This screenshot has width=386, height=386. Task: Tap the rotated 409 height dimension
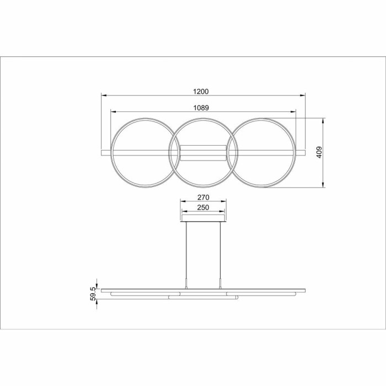click(319, 153)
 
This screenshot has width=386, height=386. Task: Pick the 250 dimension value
click(203, 207)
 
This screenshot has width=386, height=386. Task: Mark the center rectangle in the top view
click(203, 152)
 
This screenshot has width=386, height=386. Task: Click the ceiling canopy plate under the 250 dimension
click(203, 221)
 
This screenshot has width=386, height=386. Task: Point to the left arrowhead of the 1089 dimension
click(113, 111)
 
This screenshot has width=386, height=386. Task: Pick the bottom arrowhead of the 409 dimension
click(323, 186)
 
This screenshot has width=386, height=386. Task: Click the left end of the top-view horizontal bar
click(103, 152)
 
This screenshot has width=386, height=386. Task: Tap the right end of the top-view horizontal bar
click(304, 152)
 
